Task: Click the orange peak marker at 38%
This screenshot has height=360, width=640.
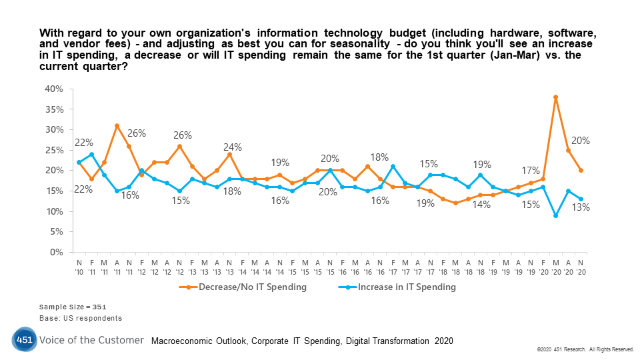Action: click(555, 97)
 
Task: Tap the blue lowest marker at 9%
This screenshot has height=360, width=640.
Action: click(555, 215)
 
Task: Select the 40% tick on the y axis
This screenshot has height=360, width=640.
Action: click(54, 89)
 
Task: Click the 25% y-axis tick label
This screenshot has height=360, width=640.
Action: click(54, 150)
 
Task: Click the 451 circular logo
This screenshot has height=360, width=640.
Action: click(23, 341)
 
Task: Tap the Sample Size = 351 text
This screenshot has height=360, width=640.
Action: click(72, 307)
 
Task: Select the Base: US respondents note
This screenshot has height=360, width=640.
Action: click(81, 319)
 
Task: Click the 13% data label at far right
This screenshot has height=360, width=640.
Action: click(580, 207)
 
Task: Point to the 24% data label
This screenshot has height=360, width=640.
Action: click(233, 147)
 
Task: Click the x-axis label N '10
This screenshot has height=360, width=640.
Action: click(79, 267)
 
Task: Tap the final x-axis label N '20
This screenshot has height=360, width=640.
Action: click(581, 267)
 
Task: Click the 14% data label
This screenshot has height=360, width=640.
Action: click(480, 205)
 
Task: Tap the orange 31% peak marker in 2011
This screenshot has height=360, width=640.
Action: click(117, 125)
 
